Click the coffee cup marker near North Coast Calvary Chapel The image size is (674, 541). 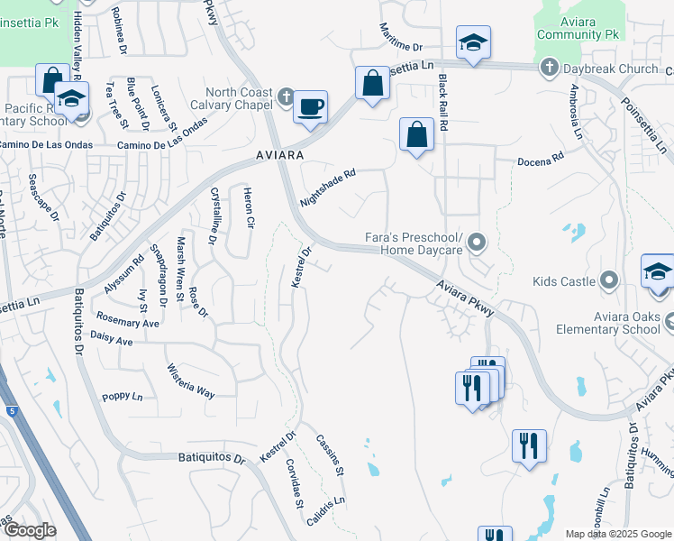click(x=311, y=107)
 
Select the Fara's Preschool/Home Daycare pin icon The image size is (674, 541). click(x=478, y=241)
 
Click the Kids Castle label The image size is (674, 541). click(x=564, y=281)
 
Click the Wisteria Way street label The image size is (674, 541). click(x=190, y=381)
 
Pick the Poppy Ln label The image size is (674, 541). click(x=122, y=397)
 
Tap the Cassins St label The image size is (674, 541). click(x=330, y=455)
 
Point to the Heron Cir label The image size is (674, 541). click(x=250, y=209)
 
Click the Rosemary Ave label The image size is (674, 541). click(x=127, y=322)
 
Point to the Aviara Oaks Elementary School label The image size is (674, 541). click(x=627, y=322)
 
